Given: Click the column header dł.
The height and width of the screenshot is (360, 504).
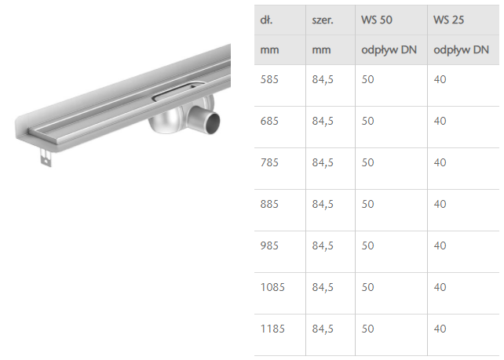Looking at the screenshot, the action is click(266, 20).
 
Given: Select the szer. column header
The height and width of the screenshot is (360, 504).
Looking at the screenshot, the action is click(323, 20).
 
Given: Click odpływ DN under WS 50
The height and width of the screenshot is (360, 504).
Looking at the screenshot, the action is click(389, 50).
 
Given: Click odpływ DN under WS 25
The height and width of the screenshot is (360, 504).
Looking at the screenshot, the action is click(461, 50).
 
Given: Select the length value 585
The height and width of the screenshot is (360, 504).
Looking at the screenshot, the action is click(269, 79).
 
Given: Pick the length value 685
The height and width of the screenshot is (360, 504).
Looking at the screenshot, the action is click(269, 121).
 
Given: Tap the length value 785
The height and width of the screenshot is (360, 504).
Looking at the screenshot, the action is click(269, 162).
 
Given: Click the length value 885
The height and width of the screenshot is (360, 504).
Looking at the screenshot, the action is click(269, 204).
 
